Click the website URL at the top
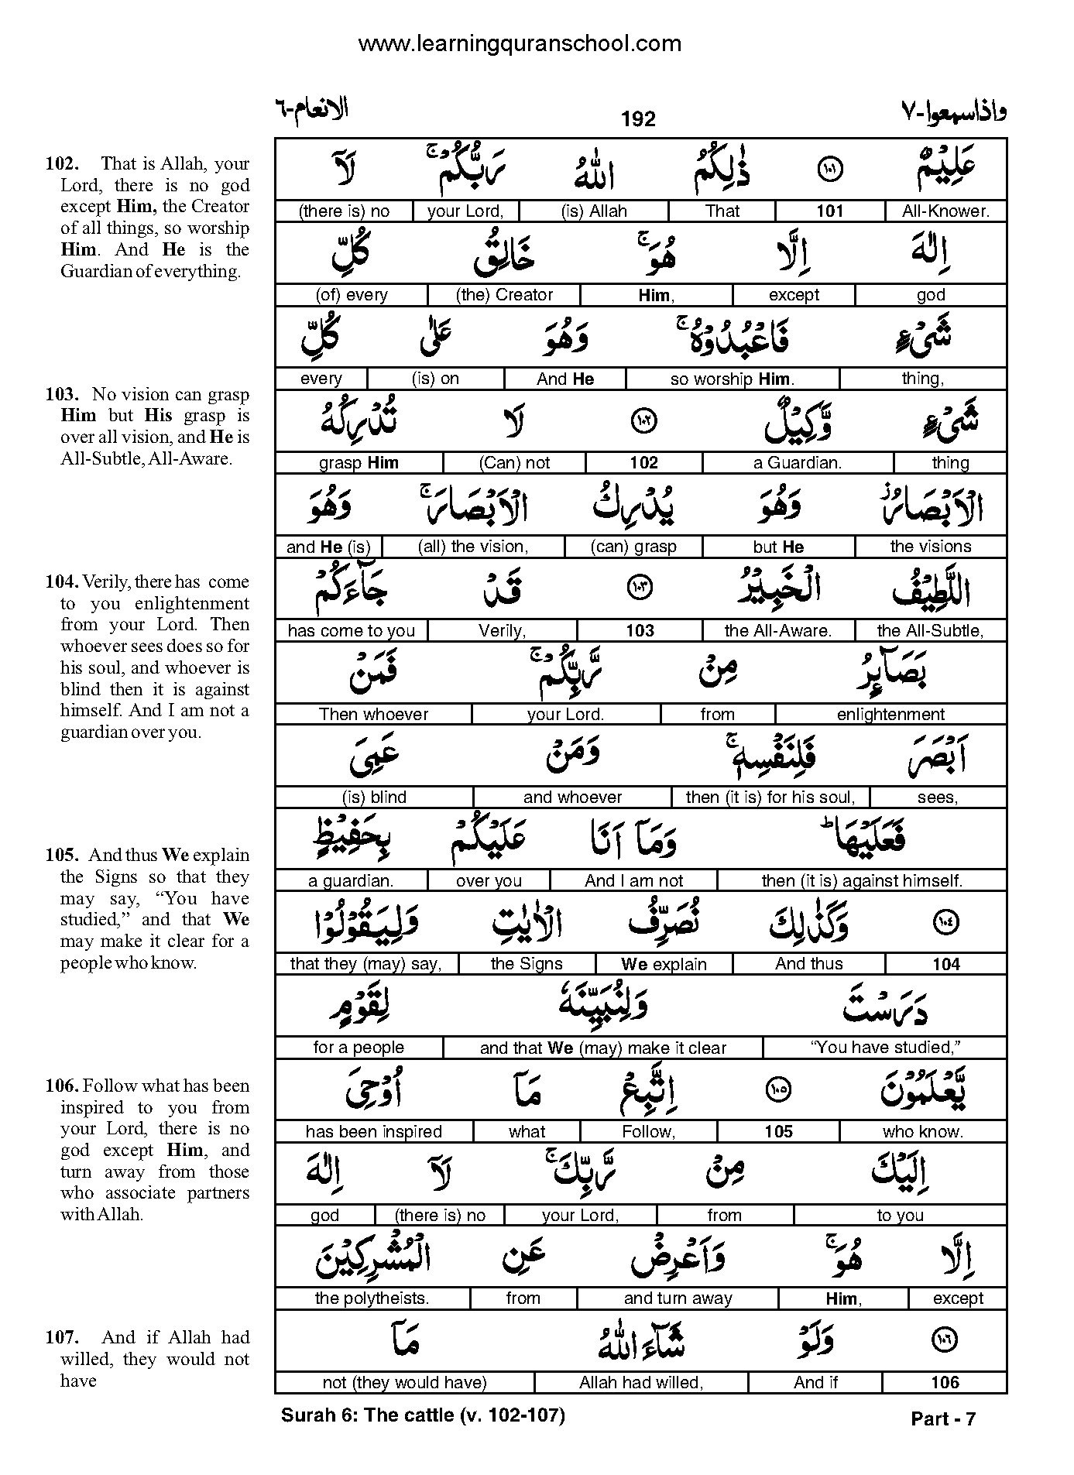(520, 43)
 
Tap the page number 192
(638, 118)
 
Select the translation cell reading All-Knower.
(945, 211)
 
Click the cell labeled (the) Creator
(505, 294)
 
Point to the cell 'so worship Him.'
(732, 379)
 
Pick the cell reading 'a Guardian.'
(797, 463)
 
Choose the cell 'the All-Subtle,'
(930, 630)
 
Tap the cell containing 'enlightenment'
(890, 714)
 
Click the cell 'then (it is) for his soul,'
(770, 797)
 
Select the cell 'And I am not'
(633, 880)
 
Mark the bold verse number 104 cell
(945, 964)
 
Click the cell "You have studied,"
(885, 1048)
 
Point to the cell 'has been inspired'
(373, 1131)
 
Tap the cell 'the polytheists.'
(372, 1298)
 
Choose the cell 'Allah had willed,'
(640, 1382)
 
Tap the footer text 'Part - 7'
(943, 1418)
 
